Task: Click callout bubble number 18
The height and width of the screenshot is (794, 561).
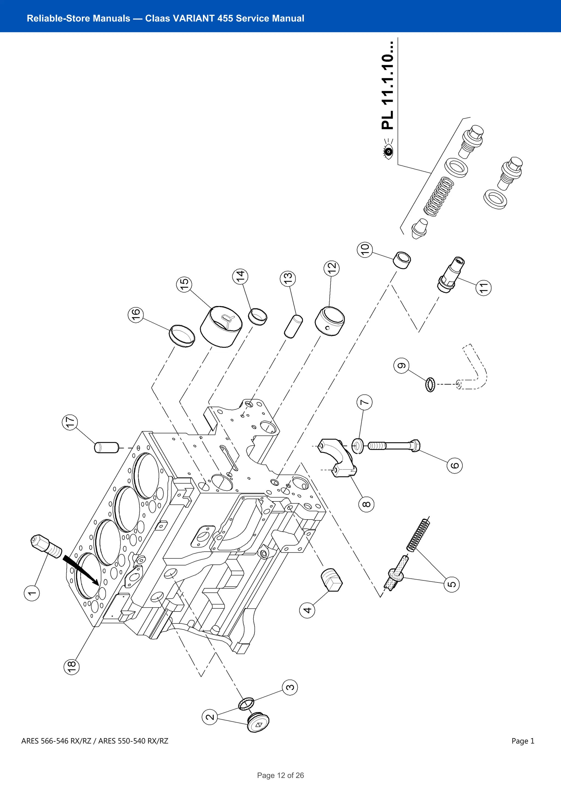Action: [71, 666]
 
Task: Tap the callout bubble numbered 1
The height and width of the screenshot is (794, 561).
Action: [32, 593]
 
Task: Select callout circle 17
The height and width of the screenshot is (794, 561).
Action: [70, 422]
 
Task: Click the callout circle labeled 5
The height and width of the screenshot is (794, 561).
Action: [451, 584]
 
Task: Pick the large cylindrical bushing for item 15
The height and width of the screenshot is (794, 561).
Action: [221, 327]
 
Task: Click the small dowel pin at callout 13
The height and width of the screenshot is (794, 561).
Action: [293, 326]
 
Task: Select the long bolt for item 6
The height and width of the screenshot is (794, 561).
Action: [394, 445]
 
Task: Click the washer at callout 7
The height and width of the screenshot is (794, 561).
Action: [357, 446]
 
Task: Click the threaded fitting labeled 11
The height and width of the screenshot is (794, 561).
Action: [451, 275]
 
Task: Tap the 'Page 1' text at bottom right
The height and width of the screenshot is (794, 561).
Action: [523, 741]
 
